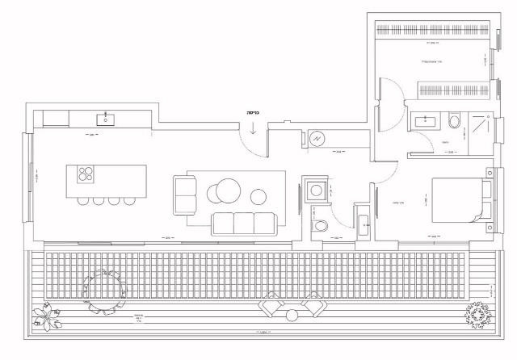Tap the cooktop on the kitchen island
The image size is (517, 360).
85,174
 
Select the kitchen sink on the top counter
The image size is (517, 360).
105,119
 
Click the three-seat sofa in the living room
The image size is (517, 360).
242,222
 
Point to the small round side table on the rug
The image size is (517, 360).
258,195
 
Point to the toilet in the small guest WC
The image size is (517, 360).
321,227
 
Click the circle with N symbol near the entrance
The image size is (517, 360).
317,138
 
